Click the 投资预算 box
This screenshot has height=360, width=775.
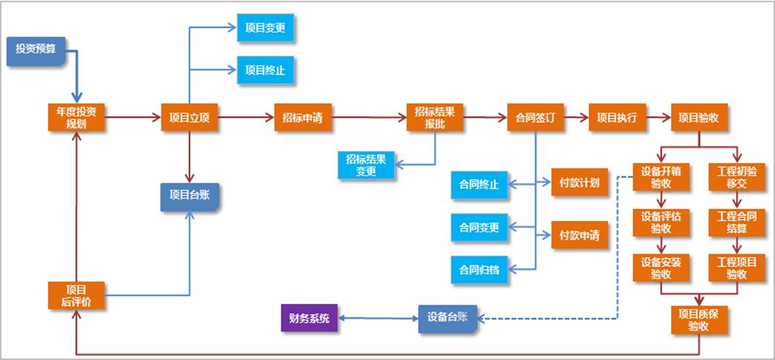tap(36, 50)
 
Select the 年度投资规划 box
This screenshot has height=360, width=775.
tap(76, 118)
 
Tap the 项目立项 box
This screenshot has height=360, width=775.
tap(190, 118)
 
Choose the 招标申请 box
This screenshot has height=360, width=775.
tap(302, 118)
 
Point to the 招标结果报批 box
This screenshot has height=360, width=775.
tap(434, 118)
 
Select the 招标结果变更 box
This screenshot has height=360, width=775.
tap(366, 165)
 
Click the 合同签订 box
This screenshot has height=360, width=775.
tap(535, 118)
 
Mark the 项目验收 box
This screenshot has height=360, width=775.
tap(699, 118)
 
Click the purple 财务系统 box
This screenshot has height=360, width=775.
tap(309, 318)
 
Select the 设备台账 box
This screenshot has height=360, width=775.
tap(447, 318)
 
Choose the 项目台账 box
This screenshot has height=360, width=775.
tap(190, 196)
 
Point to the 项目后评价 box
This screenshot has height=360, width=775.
tap(76, 295)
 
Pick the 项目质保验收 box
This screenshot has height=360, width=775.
tap(699, 320)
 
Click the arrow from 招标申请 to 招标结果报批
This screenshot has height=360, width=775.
tap(369, 118)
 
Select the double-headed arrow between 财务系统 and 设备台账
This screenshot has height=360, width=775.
tap(378, 318)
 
